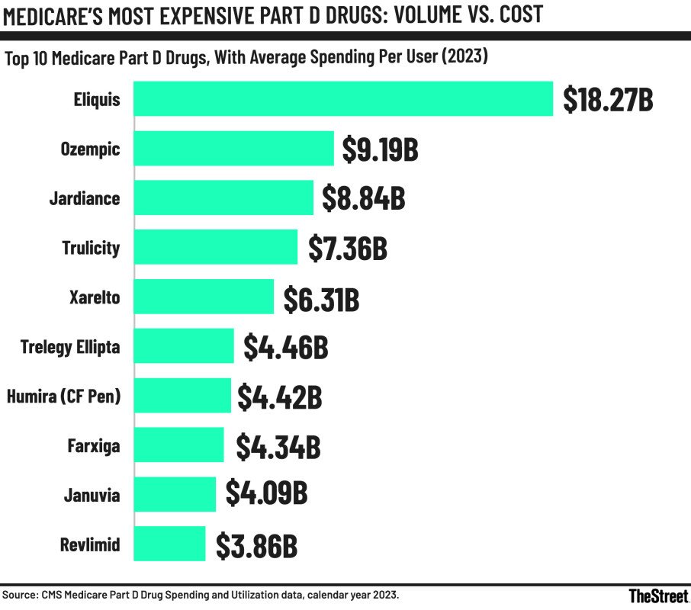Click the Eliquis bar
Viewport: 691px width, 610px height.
pos(343,99)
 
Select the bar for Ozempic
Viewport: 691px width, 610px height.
pos(234,149)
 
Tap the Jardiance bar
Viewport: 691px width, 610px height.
pos(223,198)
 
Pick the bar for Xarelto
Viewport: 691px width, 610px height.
pos(204,297)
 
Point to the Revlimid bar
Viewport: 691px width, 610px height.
pos(169,544)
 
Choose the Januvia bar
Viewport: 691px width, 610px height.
pos(175,495)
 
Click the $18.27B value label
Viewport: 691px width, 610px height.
pos(608,101)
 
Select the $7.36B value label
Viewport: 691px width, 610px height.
pos(348,249)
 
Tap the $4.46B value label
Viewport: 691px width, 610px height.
pos(286,348)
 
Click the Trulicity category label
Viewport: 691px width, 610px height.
pos(91,248)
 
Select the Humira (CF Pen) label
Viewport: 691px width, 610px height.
pos(63,396)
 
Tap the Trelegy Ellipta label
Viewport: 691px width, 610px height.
pos(70,347)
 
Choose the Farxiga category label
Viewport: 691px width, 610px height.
pos(94,446)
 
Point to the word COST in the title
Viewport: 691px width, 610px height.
pos(514,15)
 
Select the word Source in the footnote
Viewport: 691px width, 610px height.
pos(21,594)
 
